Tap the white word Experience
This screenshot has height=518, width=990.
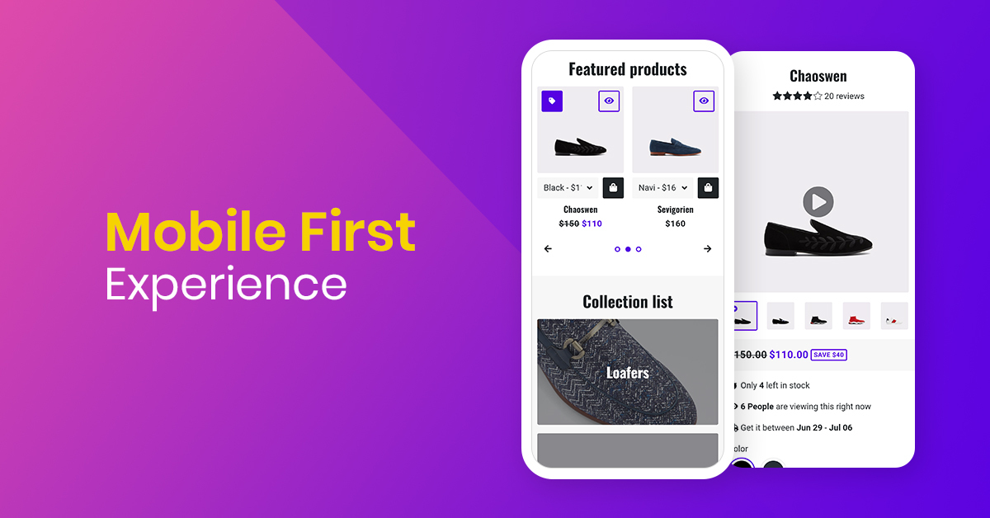point(225,284)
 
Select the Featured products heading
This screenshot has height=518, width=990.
point(627,69)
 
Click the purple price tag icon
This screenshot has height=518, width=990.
point(552,101)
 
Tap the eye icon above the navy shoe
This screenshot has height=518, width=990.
point(703,101)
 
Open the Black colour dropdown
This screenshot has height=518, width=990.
point(568,188)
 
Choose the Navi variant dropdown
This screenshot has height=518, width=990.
point(662,188)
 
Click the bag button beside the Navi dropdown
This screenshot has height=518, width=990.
point(708,188)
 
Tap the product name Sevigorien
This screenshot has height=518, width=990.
point(675,210)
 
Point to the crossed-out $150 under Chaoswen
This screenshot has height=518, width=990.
point(568,224)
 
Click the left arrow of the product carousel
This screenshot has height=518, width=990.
point(548,249)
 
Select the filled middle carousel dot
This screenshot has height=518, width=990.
point(628,249)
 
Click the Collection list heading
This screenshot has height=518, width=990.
point(627,302)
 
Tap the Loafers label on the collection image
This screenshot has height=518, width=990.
point(627,373)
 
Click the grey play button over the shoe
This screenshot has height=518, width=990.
point(818,201)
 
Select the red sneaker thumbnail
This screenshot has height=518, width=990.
point(856,316)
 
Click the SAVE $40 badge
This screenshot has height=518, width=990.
point(828,355)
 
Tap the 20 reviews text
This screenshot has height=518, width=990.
point(844,97)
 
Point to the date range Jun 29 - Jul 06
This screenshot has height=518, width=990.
point(824,428)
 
